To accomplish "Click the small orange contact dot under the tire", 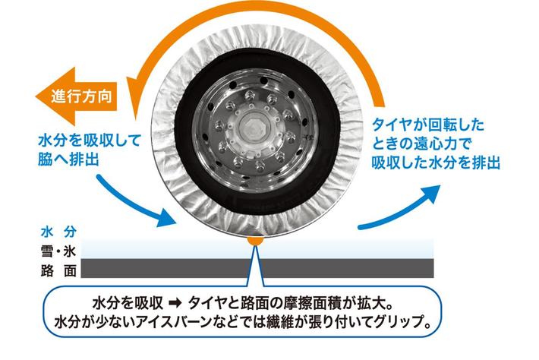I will (x=257, y=239).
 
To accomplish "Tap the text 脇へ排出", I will (x=68, y=159).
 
